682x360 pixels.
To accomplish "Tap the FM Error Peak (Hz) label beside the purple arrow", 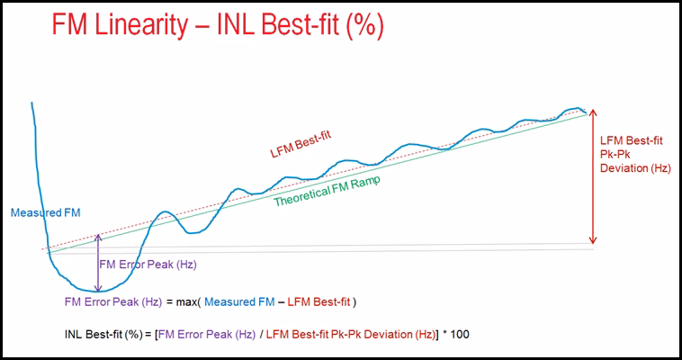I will pos(148,265).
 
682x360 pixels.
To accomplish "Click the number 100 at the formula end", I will pos(459,335).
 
